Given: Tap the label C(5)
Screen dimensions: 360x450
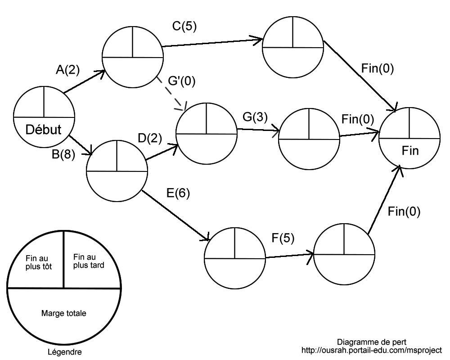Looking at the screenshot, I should coord(185,27).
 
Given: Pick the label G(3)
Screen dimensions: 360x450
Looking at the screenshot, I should coord(255,117).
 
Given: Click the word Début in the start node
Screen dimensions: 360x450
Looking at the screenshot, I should coord(44,129).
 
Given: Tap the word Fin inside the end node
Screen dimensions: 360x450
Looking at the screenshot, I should coord(409,151).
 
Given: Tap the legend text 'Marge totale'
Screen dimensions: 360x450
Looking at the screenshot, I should coord(63,312).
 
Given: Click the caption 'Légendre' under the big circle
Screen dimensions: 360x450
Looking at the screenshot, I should coord(64,351).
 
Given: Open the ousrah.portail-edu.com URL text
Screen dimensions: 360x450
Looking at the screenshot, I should coord(372,350).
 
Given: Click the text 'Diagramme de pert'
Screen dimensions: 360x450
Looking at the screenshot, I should coord(371,342).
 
